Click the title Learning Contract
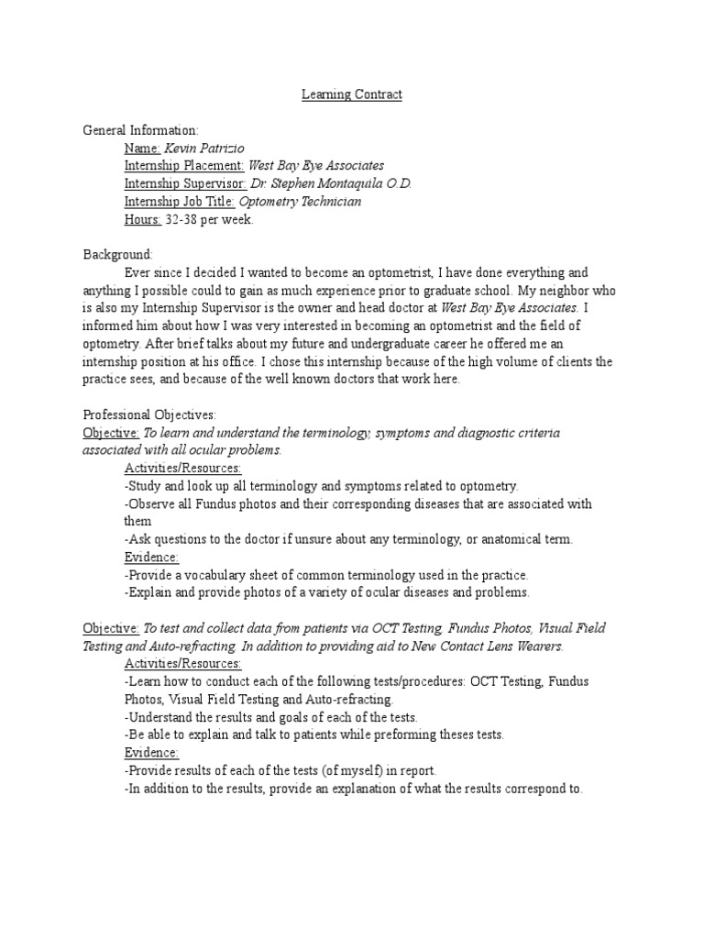353,94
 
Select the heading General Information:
140,130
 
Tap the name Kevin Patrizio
206,148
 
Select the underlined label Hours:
143,219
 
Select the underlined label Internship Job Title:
181,201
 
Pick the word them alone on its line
137,521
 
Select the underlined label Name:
142,148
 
